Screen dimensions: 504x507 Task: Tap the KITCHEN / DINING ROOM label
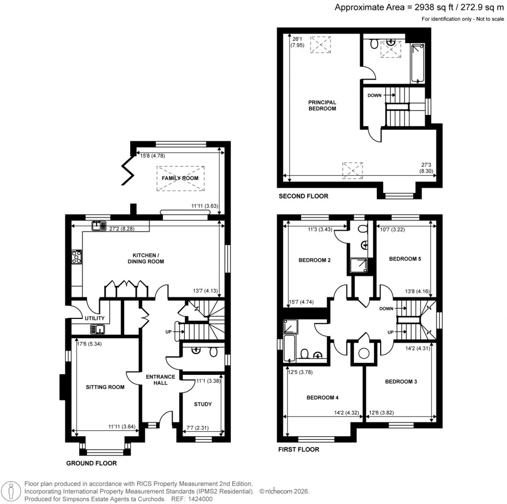tap(145, 258)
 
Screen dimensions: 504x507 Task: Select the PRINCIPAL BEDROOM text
tap(322, 105)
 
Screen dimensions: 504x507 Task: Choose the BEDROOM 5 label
tap(405, 259)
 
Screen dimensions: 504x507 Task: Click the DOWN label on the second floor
tap(374, 95)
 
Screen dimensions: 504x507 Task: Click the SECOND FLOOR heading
tap(304, 196)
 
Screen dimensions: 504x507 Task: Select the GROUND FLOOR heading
tap(92, 463)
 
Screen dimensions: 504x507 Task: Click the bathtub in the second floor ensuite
tap(417, 64)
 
